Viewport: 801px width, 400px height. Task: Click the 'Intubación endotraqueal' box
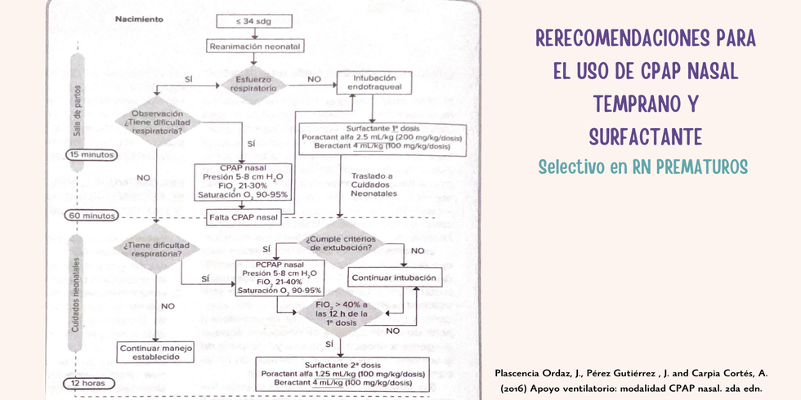(375, 82)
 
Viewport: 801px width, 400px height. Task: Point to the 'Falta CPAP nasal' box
(243, 217)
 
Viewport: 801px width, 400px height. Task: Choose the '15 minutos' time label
(92, 154)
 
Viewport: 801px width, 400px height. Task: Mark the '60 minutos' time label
(92, 216)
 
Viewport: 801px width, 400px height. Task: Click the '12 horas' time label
(87, 384)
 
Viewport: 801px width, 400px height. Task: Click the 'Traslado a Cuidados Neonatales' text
(374, 187)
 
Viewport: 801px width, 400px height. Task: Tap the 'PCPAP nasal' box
(279, 278)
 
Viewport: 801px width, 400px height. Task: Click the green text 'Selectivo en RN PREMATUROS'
(643, 166)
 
